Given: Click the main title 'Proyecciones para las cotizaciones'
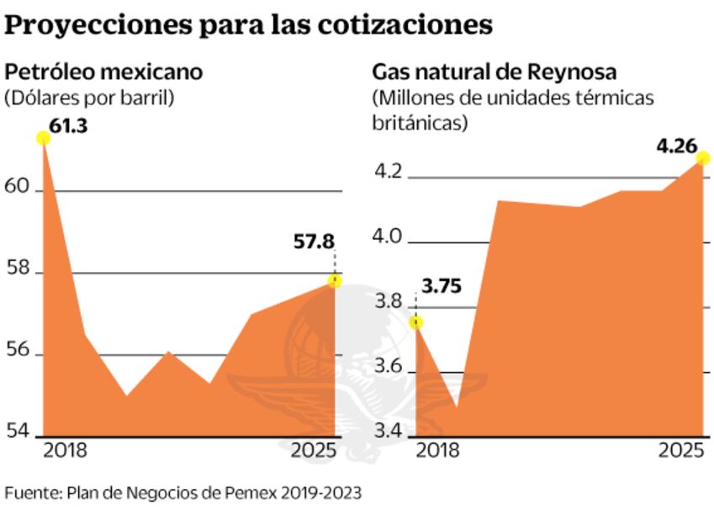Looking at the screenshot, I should (x=248, y=25).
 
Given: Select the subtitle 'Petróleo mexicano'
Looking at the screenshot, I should (x=103, y=72).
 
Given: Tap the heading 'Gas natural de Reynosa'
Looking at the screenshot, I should (x=495, y=72).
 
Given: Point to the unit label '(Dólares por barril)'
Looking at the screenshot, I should (x=89, y=97).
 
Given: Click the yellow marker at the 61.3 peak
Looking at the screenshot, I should (x=43, y=138).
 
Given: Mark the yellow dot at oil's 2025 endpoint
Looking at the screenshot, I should (x=335, y=280).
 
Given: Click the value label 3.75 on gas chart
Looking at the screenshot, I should (x=441, y=285).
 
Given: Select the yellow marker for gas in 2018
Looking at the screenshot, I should (x=415, y=322).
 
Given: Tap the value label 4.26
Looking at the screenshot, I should (x=676, y=146).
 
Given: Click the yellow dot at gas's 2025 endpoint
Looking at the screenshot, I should (x=703, y=159).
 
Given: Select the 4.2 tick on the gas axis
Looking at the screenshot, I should (x=389, y=174).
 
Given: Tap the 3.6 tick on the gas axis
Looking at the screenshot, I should (x=389, y=370).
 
